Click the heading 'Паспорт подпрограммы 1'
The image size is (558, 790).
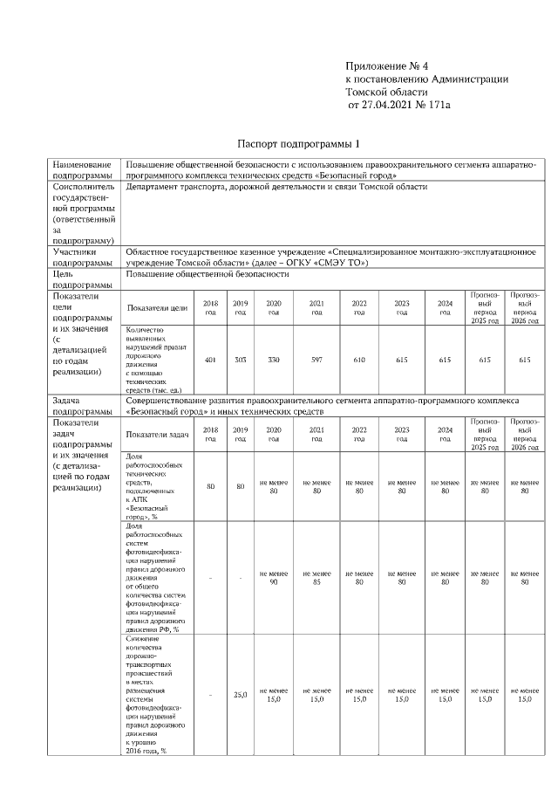299,143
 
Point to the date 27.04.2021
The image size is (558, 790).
387,106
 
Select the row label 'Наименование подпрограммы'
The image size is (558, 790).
82,169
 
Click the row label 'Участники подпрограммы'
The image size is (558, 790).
82,257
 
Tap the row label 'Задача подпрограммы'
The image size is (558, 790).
82,405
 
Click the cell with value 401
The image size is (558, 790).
210,360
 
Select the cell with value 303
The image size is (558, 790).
241,360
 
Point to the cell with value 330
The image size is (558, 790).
273,360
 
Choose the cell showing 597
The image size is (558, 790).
316,360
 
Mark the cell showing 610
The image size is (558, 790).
359,360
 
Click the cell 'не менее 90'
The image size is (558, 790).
273,577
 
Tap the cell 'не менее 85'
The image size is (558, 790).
316,577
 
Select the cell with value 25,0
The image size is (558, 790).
241,695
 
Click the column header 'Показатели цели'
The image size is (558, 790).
158,307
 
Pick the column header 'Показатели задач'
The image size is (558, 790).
158,434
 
